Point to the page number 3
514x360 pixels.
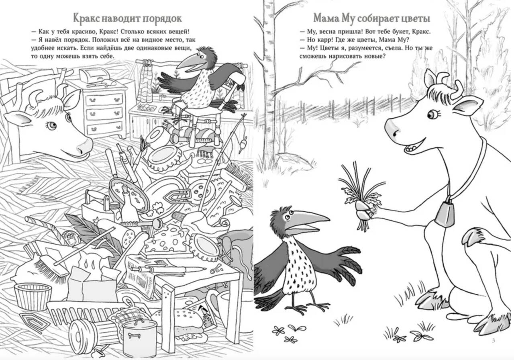[x=494, y=340]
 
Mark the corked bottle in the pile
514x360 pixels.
[x=128, y=202]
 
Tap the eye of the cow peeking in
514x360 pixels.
[x=52, y=125]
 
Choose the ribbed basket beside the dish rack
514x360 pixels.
[x=33, y=297]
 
